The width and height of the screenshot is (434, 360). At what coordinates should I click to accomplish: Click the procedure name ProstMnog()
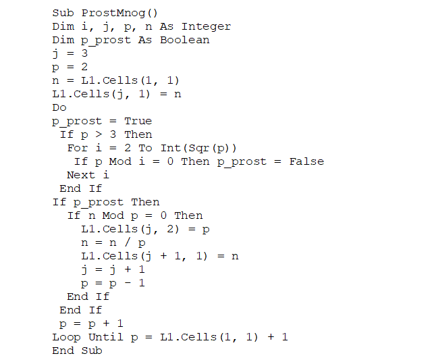click(x=118, y=13)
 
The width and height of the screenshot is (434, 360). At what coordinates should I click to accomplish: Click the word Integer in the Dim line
click(x=206, y=26)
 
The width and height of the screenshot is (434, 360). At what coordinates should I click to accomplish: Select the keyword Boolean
click(x=184, y=40)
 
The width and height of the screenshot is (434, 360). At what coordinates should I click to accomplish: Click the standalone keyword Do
click(x=59, y=107)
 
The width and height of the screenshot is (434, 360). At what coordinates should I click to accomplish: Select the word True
click(x=138, y=121)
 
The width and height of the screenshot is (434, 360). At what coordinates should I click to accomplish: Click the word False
click(x=306, y=161)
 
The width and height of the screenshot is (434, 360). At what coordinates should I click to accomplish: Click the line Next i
click(x=88, y=175)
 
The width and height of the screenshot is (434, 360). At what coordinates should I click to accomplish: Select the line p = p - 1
click(x=113, y=283)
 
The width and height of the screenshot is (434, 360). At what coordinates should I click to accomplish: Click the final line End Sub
click(x=77, y=351)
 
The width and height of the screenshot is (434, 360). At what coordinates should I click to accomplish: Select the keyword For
click(x=78, y=148)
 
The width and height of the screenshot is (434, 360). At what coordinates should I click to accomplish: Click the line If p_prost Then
click(x=106, y=202)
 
